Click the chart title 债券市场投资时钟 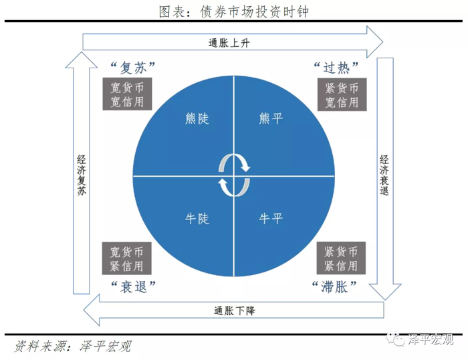point(233,11)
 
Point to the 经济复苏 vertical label point(80,176)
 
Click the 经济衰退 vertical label point(385,176)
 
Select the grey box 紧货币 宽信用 point(341,95)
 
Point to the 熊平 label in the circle point(271,119)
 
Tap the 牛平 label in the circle point(271,219)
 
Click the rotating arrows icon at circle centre point(234,175)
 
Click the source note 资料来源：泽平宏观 point(73,346)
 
